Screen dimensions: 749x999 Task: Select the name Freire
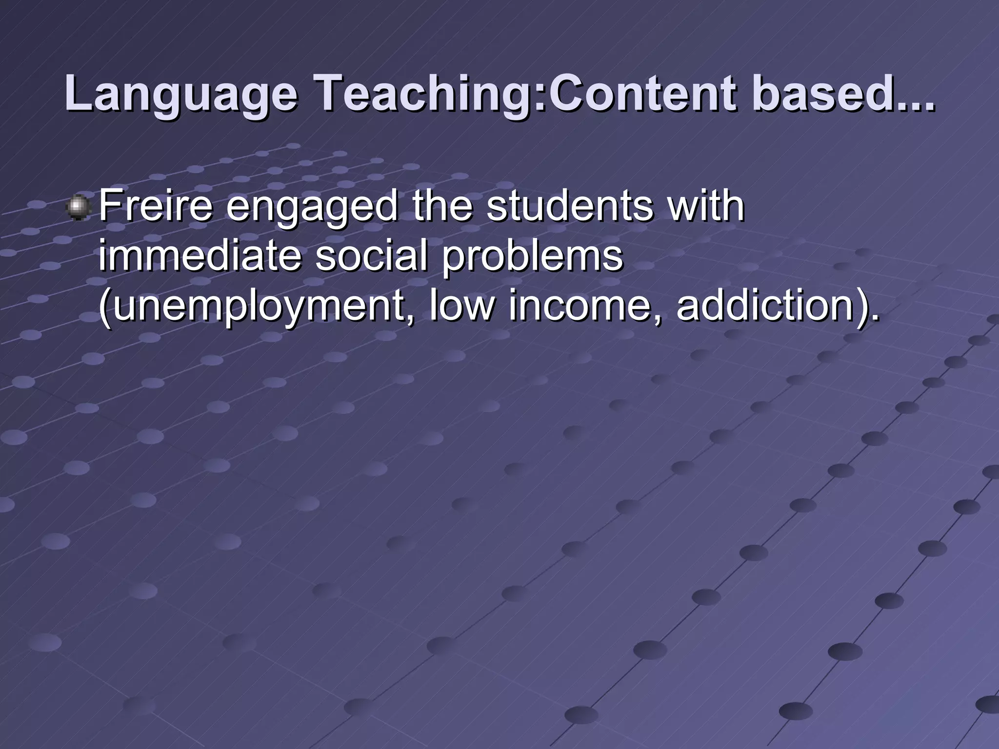(x=156, y=206)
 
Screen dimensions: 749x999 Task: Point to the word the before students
(x=442, y=206)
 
